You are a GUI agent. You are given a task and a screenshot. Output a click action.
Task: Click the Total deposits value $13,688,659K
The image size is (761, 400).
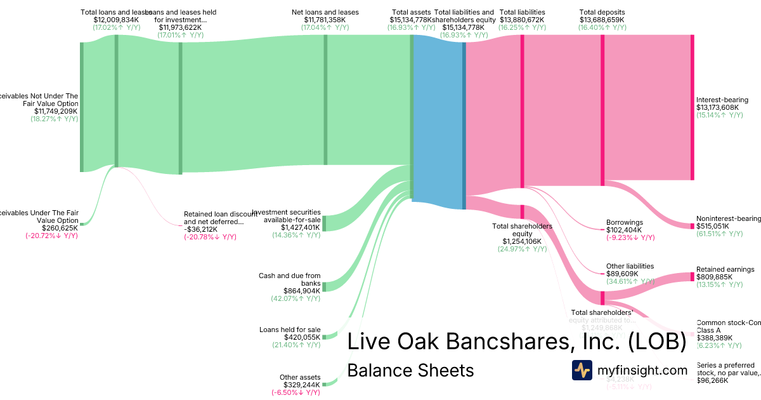[602, 20]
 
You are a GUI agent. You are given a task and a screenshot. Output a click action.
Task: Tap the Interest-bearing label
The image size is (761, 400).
[722, 100]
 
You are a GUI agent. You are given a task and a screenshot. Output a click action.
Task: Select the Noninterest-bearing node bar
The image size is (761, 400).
[692, 225]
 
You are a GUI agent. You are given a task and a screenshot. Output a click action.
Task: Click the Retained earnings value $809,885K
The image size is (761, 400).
[714, 277]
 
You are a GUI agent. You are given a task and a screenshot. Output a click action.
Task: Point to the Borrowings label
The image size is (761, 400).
[625, 223]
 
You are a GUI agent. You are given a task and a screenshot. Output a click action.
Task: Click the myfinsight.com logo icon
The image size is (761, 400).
[582, 370]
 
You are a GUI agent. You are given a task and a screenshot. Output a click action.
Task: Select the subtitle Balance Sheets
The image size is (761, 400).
[410, 370]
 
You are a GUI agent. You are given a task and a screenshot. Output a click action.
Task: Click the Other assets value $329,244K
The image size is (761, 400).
[300, 385]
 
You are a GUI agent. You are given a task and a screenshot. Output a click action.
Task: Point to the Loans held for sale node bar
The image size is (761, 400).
[324, 336]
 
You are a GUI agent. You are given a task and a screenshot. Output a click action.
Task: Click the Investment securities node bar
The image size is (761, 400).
[325, 223]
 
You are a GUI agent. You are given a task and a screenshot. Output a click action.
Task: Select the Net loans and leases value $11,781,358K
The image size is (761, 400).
[325, 20]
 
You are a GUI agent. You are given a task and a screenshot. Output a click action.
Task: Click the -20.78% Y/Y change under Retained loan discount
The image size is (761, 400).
[210, 237]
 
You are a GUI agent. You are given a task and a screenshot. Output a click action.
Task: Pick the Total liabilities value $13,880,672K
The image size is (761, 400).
[522, 20]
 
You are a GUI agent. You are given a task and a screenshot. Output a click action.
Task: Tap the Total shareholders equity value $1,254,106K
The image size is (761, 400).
[522, 241]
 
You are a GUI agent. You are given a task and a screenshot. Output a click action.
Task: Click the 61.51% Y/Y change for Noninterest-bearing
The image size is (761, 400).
[719, 234]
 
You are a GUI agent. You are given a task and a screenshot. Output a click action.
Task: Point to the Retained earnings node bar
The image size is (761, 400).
[692, 277]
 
